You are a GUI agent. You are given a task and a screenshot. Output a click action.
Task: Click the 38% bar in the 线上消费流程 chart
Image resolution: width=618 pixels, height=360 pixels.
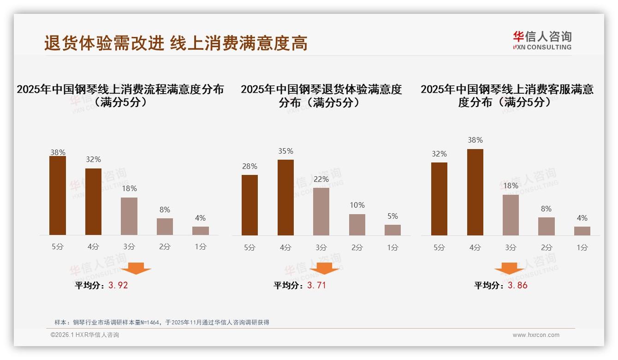click(x=58, y=196)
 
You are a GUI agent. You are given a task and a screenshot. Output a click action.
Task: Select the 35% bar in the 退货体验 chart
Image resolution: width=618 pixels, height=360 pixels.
click(x=285, y=198)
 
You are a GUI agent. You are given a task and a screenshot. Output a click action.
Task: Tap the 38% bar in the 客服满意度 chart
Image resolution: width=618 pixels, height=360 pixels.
click(x=475, y=192)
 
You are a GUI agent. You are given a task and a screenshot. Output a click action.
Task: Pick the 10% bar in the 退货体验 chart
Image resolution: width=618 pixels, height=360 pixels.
click(x=357, y=225)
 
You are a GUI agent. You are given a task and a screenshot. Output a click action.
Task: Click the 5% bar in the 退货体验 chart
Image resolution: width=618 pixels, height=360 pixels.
click(x=392, y=230)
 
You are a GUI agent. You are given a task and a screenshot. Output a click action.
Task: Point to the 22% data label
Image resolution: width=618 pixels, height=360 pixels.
click(x=321, y=179)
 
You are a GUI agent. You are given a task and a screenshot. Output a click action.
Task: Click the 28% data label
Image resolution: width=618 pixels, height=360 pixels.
click(x=250, y=166)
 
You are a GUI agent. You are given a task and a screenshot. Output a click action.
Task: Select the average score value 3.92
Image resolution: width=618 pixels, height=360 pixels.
click(x=118, y=285)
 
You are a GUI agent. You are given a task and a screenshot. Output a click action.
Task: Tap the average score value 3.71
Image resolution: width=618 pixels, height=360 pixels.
click(x=316, y=285)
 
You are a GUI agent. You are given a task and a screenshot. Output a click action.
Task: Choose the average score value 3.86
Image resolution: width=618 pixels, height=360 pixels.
click(x=517, y=285)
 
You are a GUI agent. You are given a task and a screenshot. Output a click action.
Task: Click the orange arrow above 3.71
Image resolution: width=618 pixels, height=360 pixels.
click(x=324, y=268)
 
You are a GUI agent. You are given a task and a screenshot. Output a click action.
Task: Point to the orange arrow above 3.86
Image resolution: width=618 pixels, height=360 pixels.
click(x=509, y=268)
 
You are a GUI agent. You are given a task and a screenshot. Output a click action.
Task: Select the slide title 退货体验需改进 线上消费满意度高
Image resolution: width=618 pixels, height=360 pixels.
click(x=176, y=43)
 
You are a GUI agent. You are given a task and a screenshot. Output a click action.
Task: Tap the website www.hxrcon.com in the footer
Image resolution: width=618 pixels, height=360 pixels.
click(x=536, y=335)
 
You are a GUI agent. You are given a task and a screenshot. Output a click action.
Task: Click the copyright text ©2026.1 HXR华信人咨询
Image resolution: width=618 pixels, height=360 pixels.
click(x=85, y=335)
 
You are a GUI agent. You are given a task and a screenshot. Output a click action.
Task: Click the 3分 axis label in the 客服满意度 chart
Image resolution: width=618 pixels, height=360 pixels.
click(x=511, y=247)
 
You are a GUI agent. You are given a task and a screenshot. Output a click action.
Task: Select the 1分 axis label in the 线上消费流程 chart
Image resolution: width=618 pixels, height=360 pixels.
click(x=201, y=247)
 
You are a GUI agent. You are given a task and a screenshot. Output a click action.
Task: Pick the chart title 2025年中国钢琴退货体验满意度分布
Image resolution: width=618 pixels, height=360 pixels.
click(x=321, y=96)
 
